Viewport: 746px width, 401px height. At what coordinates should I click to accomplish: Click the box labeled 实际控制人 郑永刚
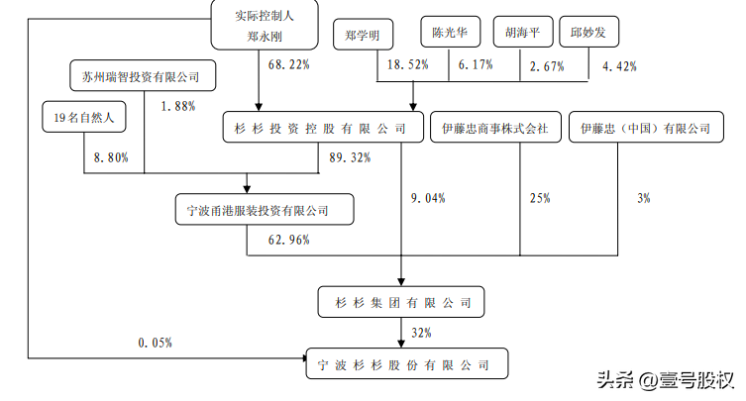tap(265, 25)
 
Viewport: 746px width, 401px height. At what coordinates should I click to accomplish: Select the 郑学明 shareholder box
tap(363, 35)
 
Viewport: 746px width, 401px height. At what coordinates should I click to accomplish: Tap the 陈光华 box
tap(451, 32)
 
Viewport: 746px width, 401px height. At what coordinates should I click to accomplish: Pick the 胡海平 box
tap(523, 32)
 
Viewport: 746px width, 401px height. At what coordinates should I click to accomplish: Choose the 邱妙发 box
tap(589, 32)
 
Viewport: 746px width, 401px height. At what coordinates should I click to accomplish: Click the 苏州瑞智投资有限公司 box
tap(143, 75)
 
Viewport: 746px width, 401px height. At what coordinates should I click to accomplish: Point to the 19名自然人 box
tap(84, 117)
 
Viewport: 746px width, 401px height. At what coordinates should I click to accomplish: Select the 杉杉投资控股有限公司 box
tap(323, 127)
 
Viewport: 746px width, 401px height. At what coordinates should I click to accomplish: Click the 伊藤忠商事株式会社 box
tap(495, 127)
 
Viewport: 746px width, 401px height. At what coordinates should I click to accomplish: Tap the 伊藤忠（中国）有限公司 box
tap(646, 127)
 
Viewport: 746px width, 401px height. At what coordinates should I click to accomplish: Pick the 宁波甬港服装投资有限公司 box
tap(265, 209)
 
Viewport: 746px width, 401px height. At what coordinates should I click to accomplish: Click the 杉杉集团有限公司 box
tap(401, 302)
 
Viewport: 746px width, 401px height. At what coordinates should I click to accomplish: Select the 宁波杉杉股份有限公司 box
tap(407, 364)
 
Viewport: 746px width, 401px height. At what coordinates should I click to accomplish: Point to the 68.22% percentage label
tap(288, 64)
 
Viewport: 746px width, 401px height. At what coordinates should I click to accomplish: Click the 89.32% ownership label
tap(350, 157)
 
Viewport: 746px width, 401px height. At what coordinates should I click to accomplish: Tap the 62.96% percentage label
tap(288, 240)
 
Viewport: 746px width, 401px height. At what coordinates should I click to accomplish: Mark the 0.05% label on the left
tap(156, 343)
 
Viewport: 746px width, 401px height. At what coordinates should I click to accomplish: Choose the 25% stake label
tap(540, 198)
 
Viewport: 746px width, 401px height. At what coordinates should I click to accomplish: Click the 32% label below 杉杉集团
tap(421, 333)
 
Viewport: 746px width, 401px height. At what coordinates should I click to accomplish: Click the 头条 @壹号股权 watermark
tap(665, 380)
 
